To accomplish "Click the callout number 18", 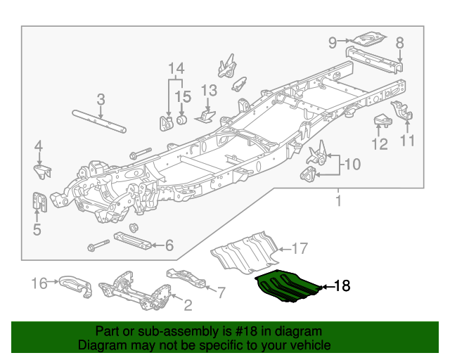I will click(x=341, y=286).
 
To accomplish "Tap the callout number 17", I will click(x=300, y=248).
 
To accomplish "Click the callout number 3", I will click(x=101, y=99).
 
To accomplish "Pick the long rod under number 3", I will click(x=99, y=120).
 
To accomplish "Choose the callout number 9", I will click(x=333, y=43).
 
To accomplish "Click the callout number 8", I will click(x=399, y=43).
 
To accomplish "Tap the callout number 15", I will click(x=183, y=96).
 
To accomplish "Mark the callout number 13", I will click(x=210, y=91).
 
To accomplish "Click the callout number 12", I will click(x=380, y=144).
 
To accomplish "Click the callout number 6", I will click(x=169, y=245).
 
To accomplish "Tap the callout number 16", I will click(x=40, y=283).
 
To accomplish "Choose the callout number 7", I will click(x=220, y=291).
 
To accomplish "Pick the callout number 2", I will click(x=188, y=305).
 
